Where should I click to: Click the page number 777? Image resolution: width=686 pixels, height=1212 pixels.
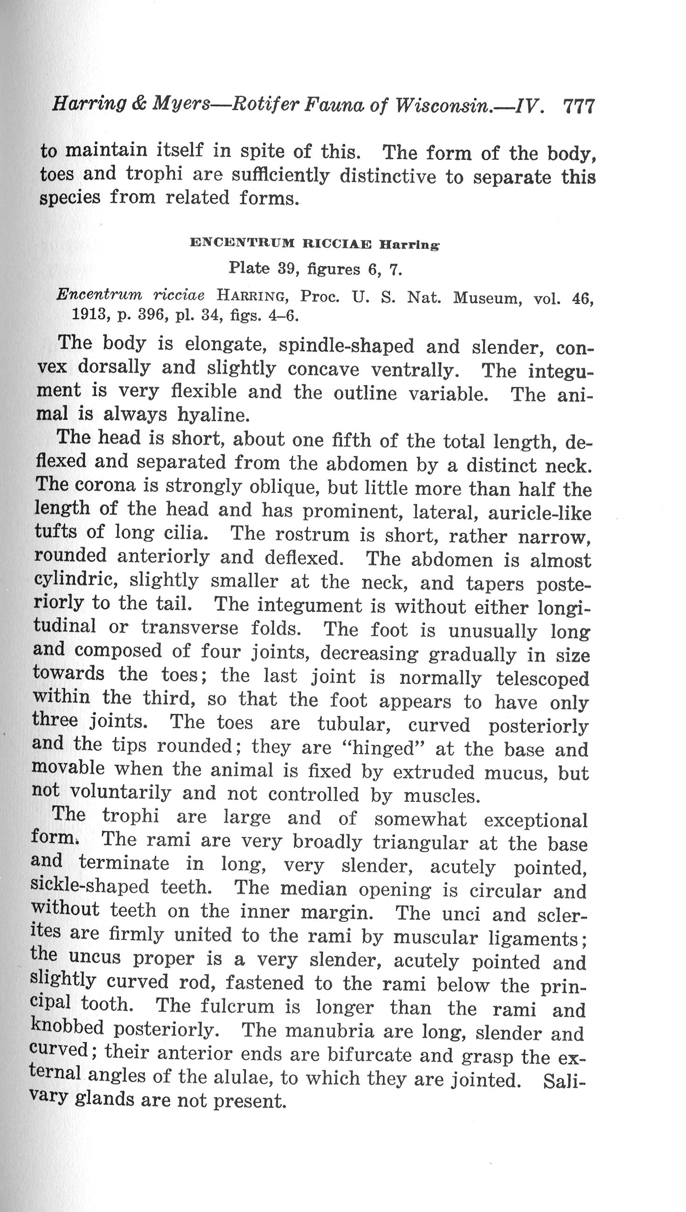(x=579, y=106)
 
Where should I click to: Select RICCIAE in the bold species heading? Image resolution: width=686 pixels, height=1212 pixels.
(x=336, y=244)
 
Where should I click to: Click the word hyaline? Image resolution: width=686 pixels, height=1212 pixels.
(x=213, y=415)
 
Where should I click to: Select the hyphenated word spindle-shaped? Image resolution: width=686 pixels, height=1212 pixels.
(x=346, y=346)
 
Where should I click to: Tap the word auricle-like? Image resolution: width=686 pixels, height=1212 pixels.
(x=539, y=513)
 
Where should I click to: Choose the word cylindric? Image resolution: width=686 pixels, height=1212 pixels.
(x=76, y=579)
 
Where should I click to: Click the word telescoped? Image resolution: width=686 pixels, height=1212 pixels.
(x=542, y=679)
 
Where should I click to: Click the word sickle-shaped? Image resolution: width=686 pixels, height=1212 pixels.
(x=90, y=886)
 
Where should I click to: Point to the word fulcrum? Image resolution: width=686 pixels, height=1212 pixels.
(x=237, y=1006)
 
